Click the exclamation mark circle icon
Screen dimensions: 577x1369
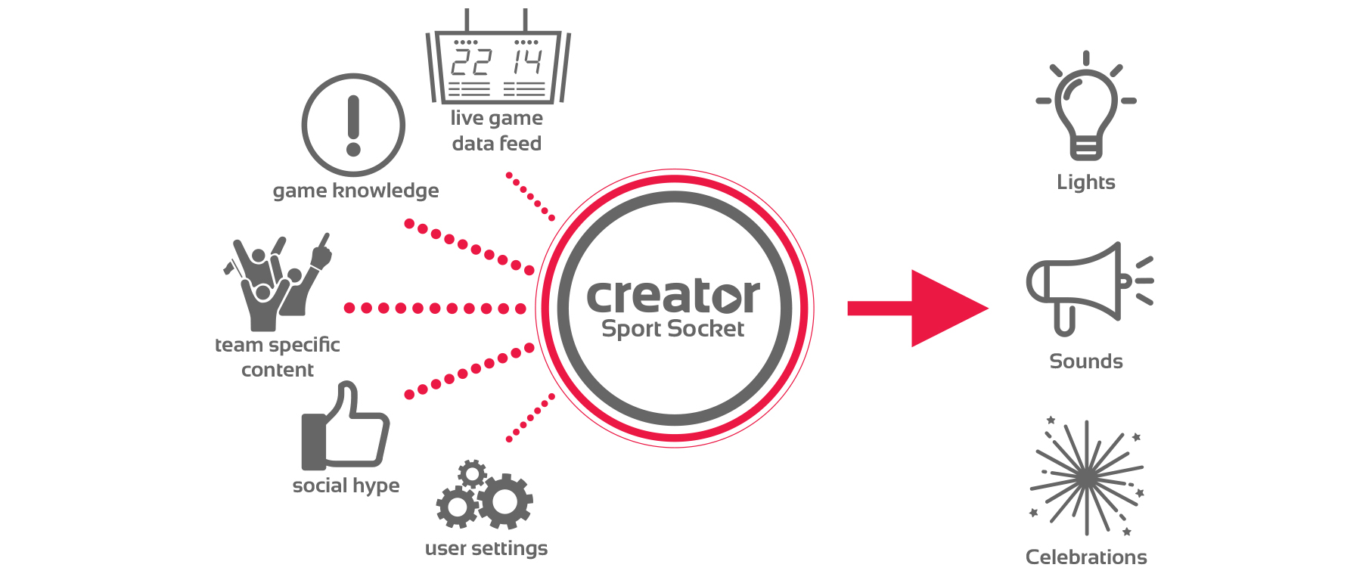point(353,125)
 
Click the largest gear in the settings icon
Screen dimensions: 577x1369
point(504,501)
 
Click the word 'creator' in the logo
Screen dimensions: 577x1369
point(672,296)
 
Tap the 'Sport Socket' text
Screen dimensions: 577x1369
point(672,329)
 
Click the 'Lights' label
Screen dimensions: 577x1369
point(1085,182)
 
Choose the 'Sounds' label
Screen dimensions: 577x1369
point(1085,361)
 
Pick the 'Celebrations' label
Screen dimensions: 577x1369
point(1085,557)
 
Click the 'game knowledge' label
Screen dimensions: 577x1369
point(355,191)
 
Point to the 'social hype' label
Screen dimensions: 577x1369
point(346,485)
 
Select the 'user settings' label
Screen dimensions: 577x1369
point(486,548)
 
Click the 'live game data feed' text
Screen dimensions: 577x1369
point(496,131)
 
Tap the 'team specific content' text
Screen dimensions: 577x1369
point(277,357)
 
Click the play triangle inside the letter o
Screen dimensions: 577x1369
point(728,298)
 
